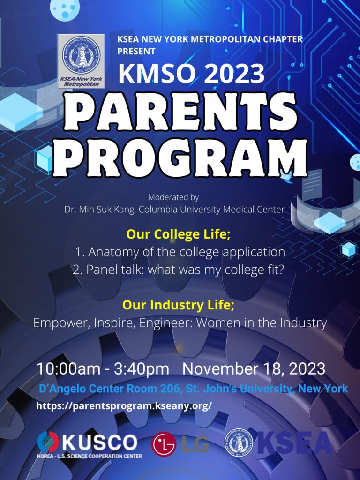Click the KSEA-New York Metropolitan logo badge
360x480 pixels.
point(81,61)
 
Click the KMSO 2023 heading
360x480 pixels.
point(191,74)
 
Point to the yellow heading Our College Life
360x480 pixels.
point(178,234)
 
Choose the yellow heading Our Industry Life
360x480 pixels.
point(179,305)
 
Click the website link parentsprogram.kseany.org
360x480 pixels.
point(124,406)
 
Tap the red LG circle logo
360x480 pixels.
point(164,444)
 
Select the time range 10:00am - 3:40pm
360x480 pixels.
point(103,369)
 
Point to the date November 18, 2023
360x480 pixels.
point(254,369)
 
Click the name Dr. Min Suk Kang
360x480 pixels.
point(99,210)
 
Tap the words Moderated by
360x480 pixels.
point(173,198)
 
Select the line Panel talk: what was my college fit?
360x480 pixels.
point(177,270)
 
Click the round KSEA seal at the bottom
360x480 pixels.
point(239,443)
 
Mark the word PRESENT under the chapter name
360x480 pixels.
point(136,51)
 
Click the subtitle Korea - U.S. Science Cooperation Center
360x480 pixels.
point(90,456)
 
